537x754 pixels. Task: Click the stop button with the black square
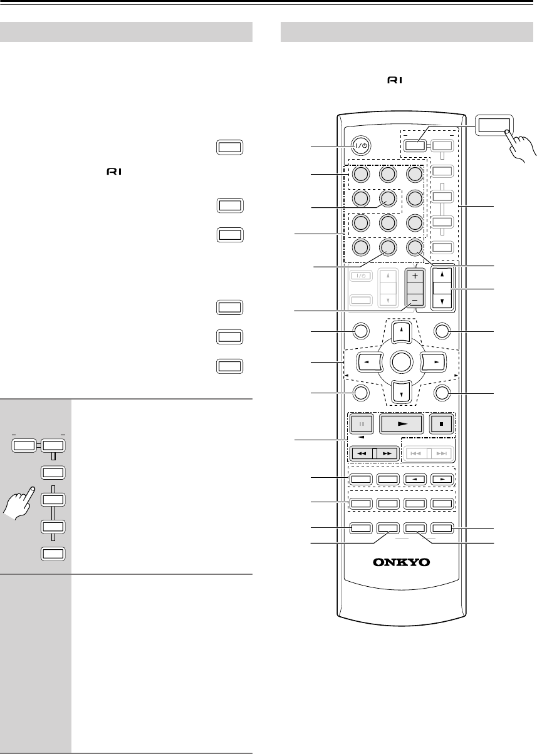pyautogui.click(x=442, y=423)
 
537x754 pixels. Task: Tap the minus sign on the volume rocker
pyautogui.click(x=414, y=299)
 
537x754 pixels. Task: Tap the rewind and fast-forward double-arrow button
pyautogui.click(x=374, y=453)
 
